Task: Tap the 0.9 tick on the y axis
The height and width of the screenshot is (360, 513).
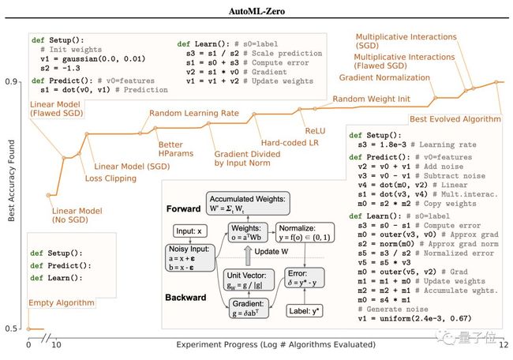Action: (12, 81)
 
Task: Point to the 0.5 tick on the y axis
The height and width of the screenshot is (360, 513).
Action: (12, 328)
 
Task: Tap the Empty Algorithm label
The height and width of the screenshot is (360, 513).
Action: (62, 302)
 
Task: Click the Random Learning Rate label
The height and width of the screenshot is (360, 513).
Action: (194, 114)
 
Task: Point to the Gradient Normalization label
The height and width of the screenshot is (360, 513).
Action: (388, 77)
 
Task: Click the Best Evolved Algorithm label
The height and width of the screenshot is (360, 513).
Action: (455, 119)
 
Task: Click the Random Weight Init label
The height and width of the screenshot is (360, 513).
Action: (371, 99)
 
